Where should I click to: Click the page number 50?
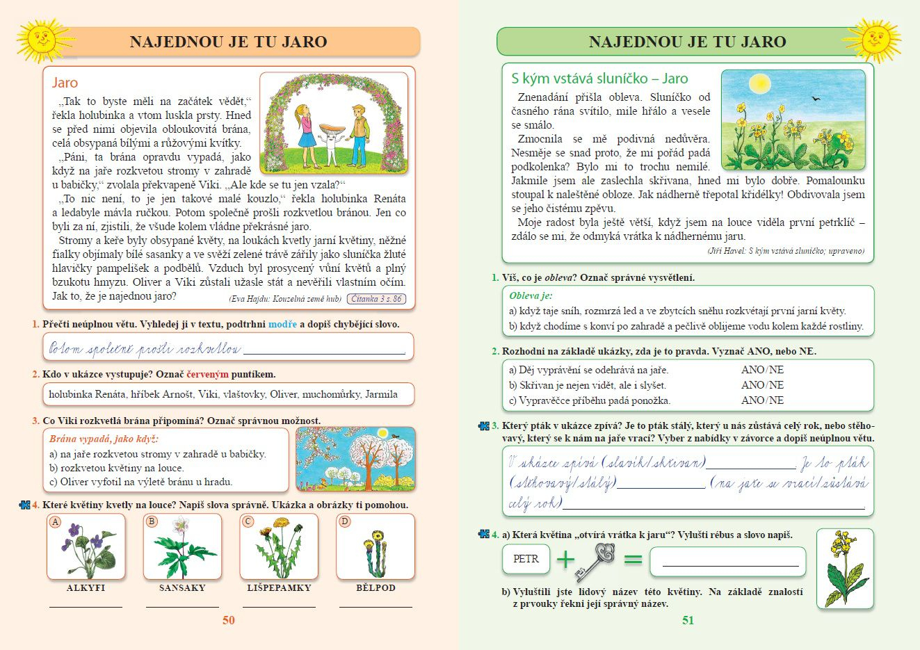click(x=229, y=620)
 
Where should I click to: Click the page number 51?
click(x=688, y=620)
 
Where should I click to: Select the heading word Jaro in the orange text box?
click(x=65, y=83)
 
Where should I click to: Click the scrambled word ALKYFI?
click(x=86, y=588)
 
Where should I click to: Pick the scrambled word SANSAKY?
click(x=182, y=588)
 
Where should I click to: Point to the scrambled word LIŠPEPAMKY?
click(x=279, y=588)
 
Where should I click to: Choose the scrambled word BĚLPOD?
click(x=376, y=588)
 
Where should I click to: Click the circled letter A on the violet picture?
click(x=56, y=522)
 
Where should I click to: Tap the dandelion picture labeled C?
click(x=279, y=547)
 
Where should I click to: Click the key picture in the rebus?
click(x=595, y=560)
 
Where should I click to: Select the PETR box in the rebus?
click(x=526, y=559)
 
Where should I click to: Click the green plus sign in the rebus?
click(x=565, y=559)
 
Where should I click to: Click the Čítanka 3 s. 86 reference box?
click(x=376, y=299)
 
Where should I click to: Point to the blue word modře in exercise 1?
click(x=282, y=325)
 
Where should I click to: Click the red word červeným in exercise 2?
click(x=207, y=374)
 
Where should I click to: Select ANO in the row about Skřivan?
click(x=752, y=385)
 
